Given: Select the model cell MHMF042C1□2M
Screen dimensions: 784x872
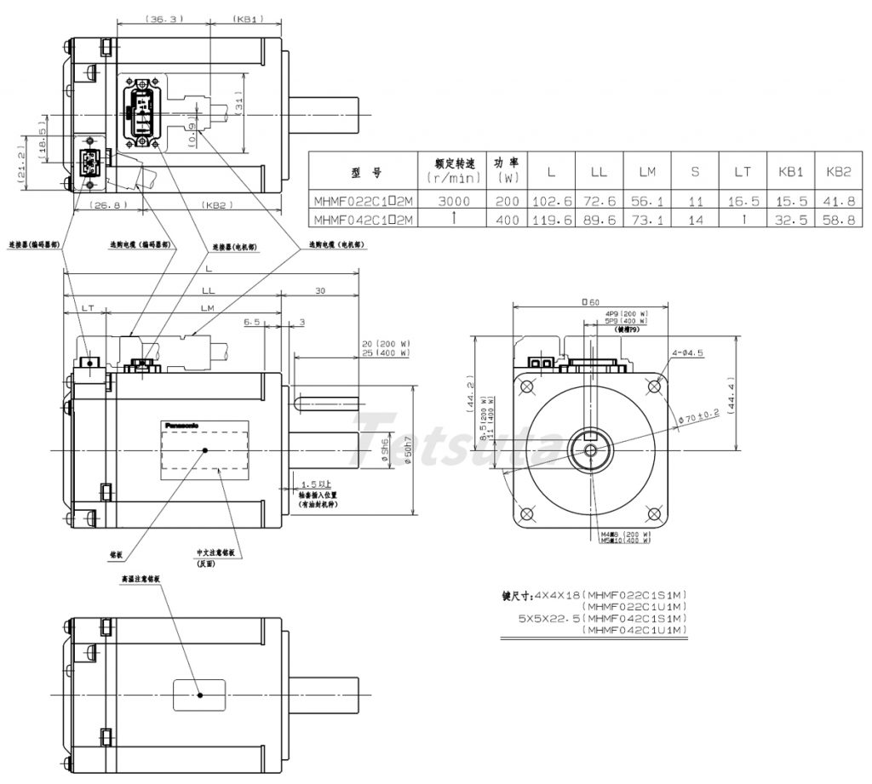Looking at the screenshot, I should [363, 220].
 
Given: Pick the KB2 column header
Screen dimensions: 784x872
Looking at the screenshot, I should [838, 172].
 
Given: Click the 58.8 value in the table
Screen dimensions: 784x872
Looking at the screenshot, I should [838, 220].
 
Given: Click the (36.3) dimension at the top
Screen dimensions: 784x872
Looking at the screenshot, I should [161, 18].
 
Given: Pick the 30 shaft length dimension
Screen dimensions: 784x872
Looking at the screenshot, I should [319, 291].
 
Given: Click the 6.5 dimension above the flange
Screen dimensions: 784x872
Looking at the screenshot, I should [251, 323].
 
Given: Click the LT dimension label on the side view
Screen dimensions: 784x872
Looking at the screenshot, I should [87, 308].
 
